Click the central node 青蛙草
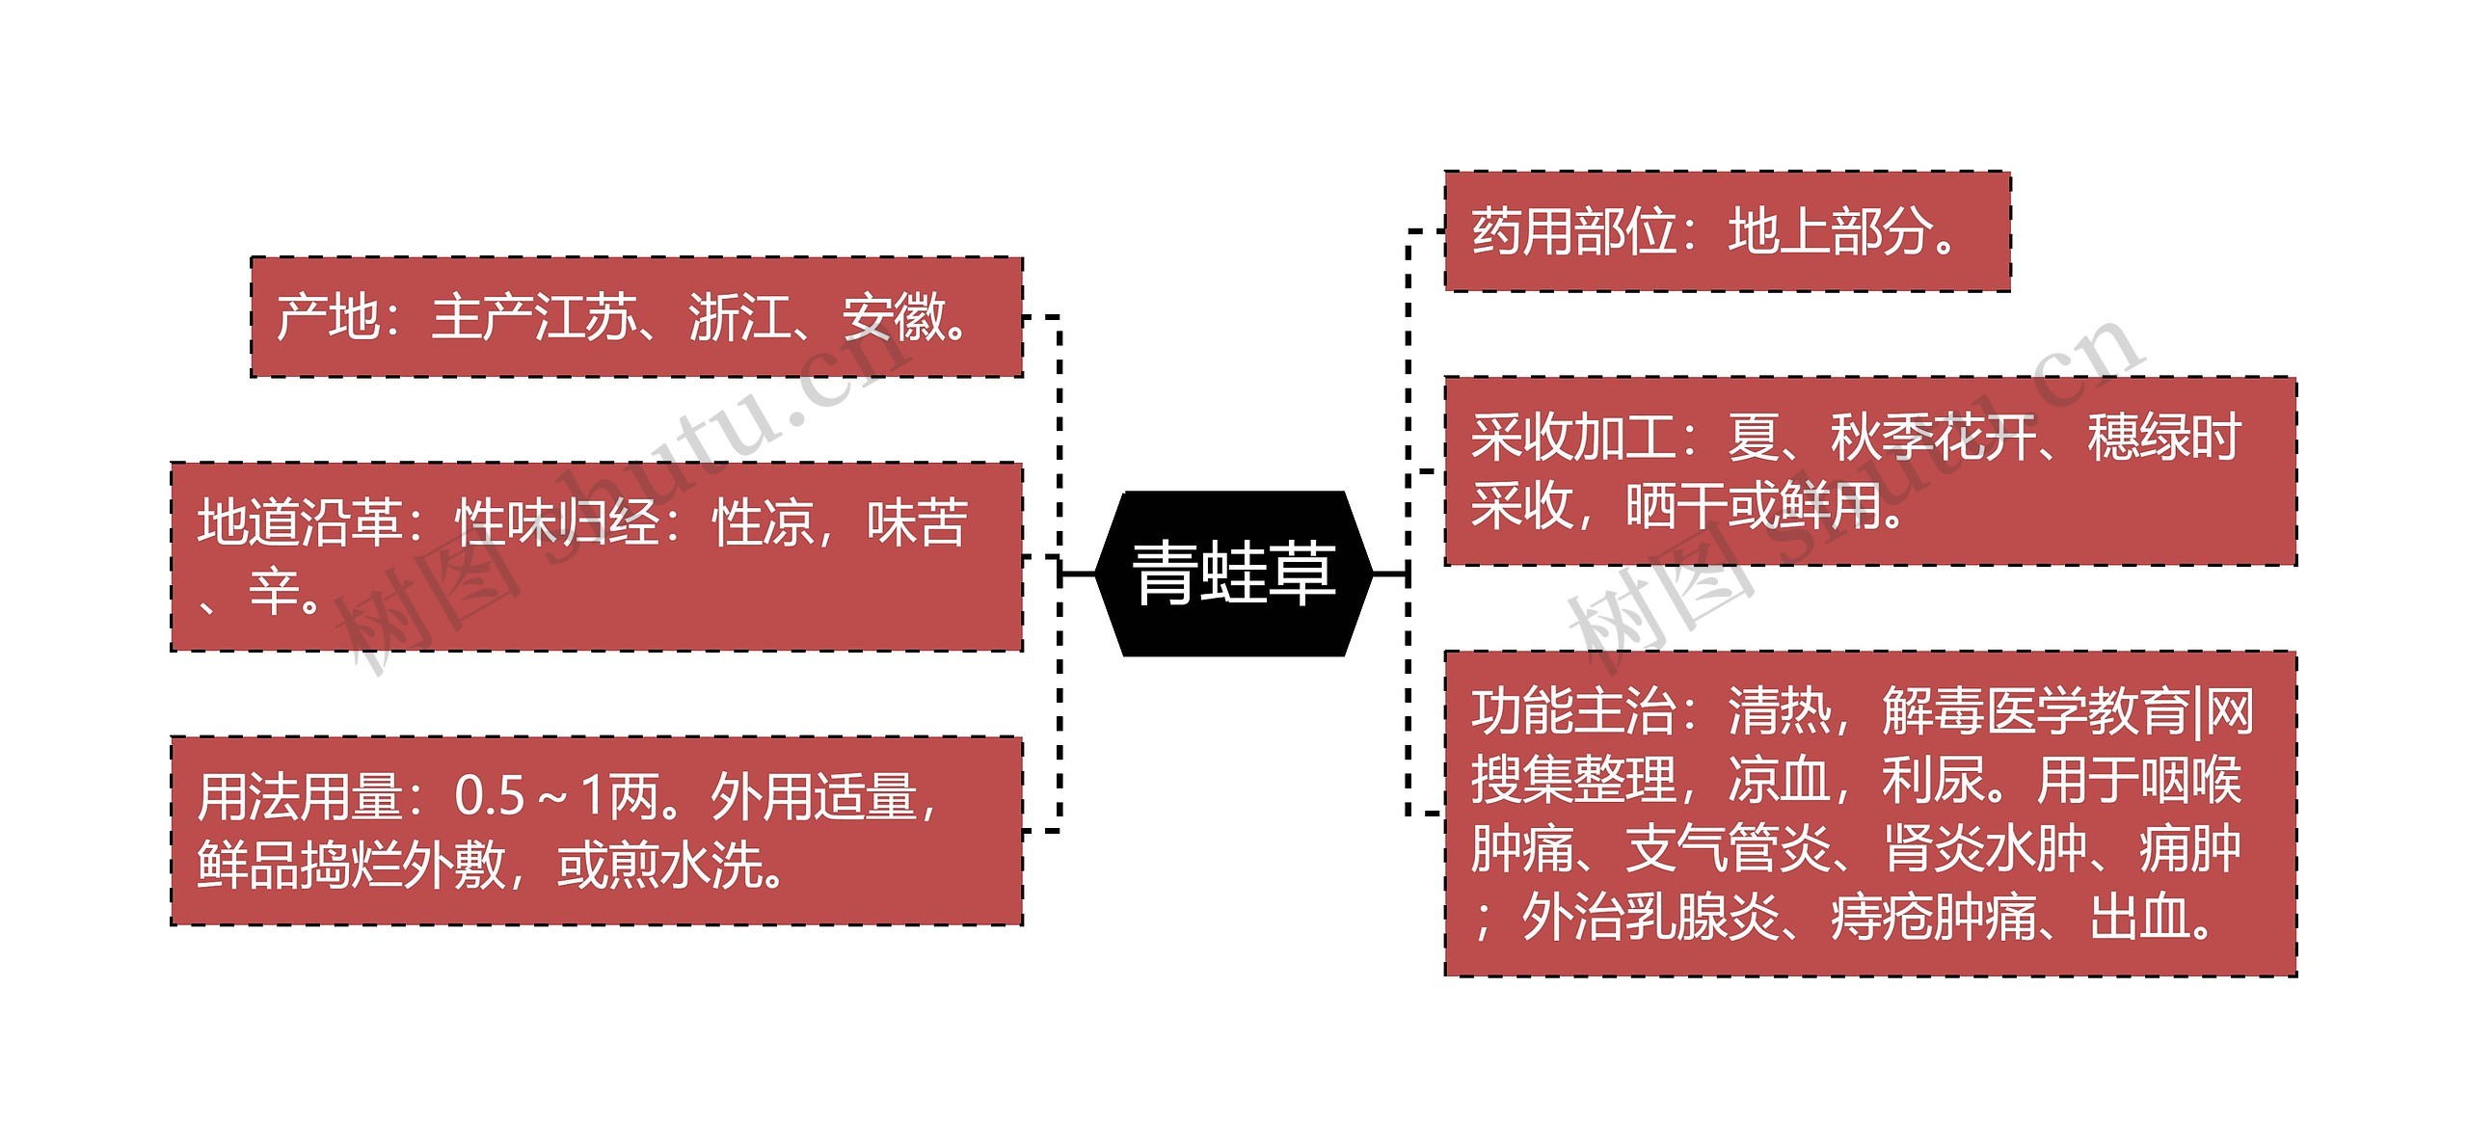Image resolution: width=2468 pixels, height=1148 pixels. point(1234,574)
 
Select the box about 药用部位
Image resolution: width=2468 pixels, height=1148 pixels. point(1726,231)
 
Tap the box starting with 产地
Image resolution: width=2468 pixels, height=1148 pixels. point(636,316)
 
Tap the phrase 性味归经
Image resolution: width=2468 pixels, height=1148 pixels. point(557,523)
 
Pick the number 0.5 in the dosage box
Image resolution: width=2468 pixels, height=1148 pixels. point(489,797)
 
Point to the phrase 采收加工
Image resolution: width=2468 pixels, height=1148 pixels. point(1573,438)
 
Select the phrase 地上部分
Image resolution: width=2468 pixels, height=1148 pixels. point(1830,232)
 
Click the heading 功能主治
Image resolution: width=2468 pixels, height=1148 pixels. point(1573,711)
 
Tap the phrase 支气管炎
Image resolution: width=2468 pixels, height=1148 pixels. point(1728,849)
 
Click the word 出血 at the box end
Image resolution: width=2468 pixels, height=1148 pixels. point(2140,917)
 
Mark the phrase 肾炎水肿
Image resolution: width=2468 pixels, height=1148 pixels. point(1984,849)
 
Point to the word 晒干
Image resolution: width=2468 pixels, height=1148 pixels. point(1676,505)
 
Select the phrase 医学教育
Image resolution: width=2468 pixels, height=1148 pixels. point(2087,711)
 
